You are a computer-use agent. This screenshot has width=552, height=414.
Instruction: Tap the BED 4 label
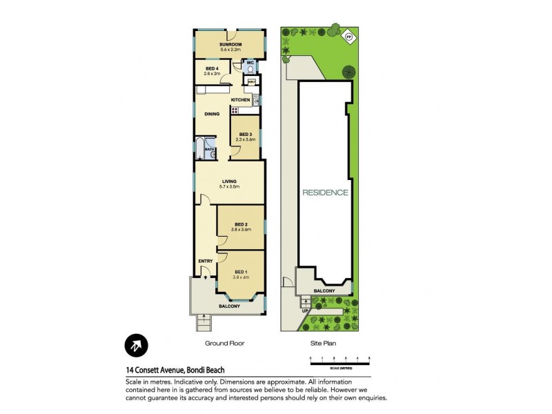(213, 69)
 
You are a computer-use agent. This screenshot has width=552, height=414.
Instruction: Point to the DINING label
(212, 115)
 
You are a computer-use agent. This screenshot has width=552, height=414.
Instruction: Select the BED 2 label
(241, 224)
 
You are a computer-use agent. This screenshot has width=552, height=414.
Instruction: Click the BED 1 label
(241, 273)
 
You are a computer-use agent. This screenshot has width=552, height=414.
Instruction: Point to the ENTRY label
(205, 261)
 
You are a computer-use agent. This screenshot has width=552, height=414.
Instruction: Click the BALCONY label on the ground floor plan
(229, 306)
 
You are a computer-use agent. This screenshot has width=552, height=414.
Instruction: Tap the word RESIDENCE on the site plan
(325, 193)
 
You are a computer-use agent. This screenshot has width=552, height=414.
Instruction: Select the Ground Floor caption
(225, 343)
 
